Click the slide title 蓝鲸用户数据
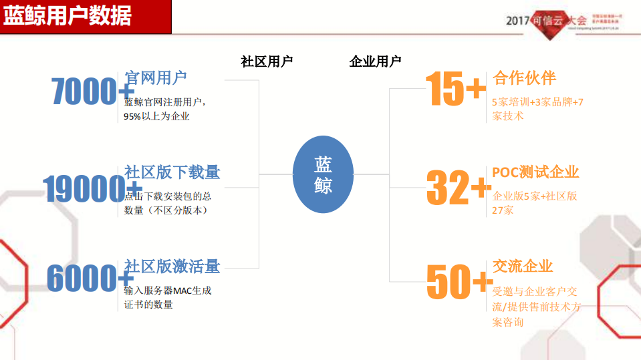tap(68, 16)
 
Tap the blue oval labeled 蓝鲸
tap(323, 175)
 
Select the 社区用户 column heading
tap(267, 61)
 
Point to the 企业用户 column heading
tap(375, 61)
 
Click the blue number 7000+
tap(92, 92)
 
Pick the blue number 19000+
tap(92, 189)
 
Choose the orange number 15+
tap(455, 89)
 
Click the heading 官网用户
tap(156, 78)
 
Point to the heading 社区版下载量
tap(172, 172)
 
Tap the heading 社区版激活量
tap(172, 266)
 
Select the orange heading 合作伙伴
tap(524, 78)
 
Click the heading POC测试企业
tap(535, 172)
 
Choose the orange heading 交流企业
tap(523, 266)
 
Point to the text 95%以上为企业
tap(157, 116)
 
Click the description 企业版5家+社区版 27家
tap(534, 203)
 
